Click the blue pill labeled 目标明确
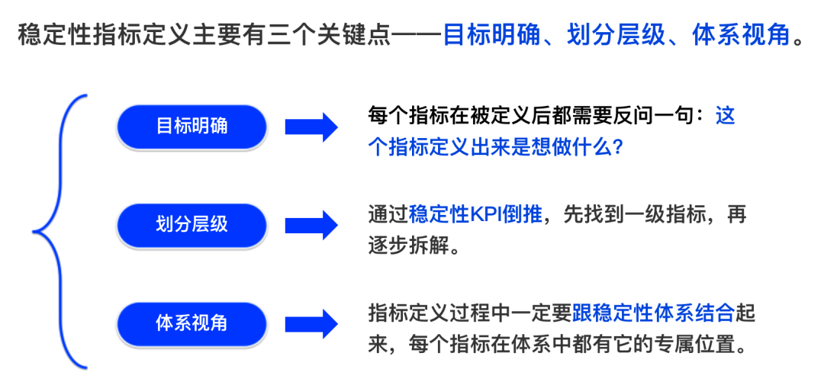click(192, 127)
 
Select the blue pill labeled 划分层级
click(192, 224)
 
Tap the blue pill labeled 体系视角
click(192, 323)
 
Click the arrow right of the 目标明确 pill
click(311, 127)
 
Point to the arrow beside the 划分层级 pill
click(311, 224)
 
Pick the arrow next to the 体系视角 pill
click(311, 323)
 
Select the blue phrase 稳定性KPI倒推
click(475, 214)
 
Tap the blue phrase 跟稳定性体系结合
click(653, 312)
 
